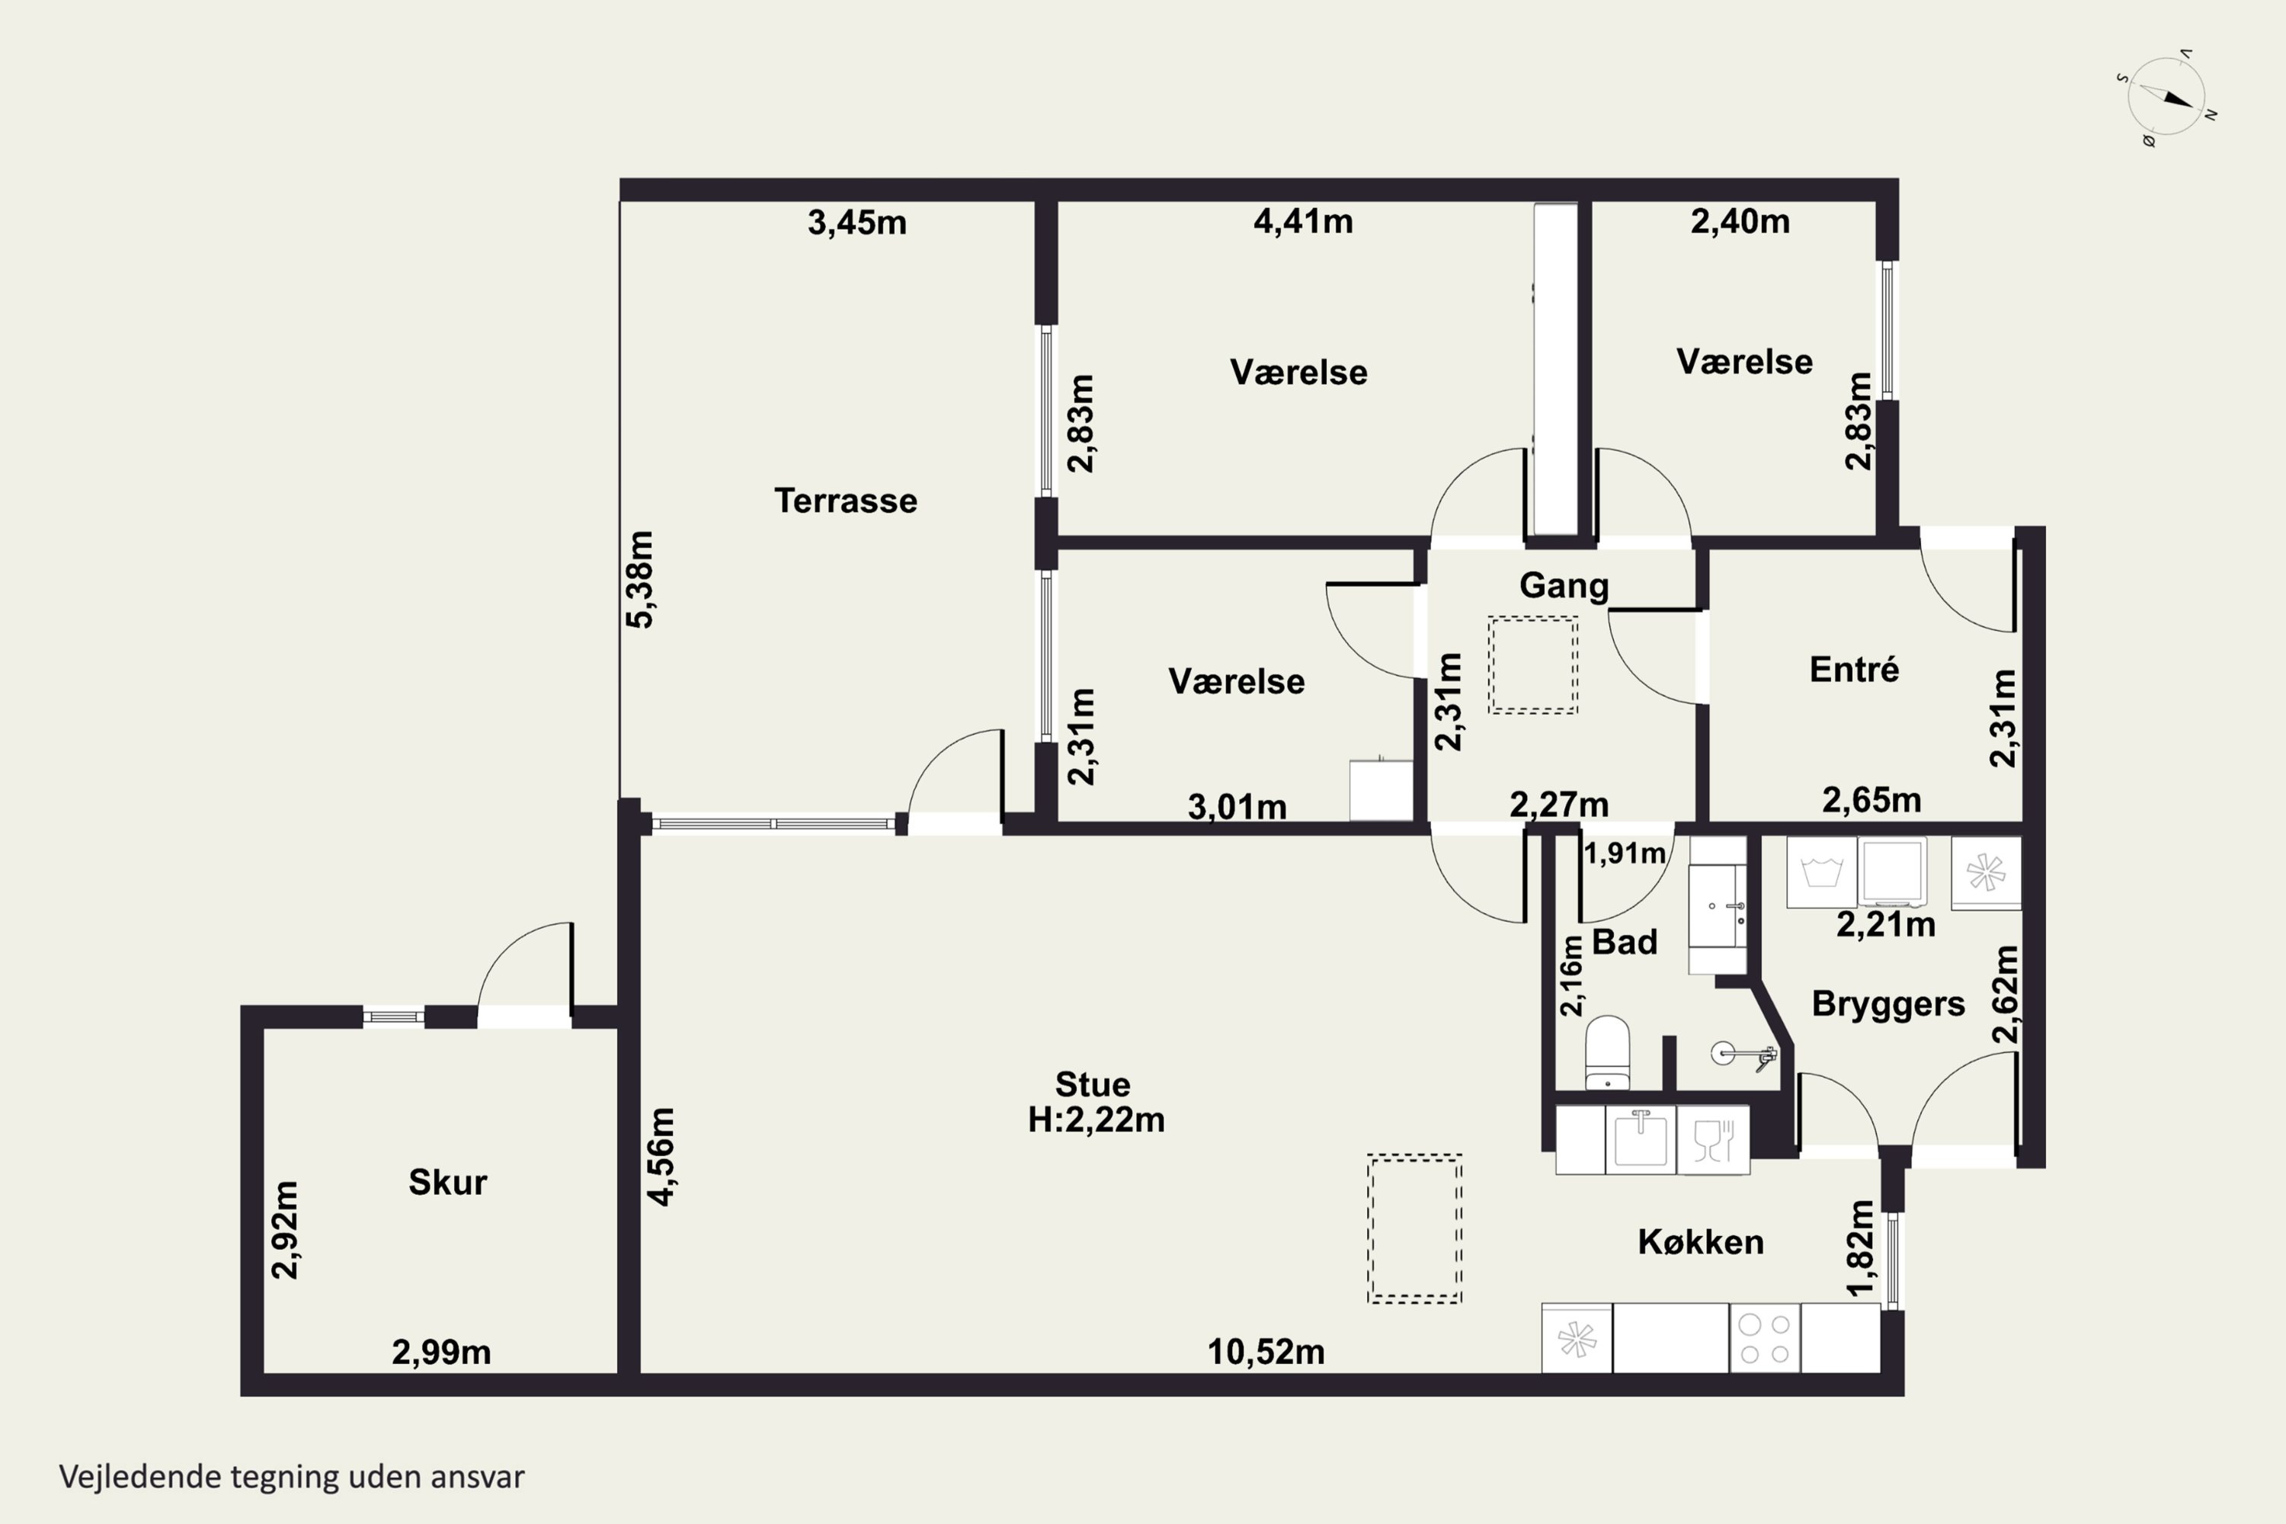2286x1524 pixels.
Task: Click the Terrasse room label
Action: pos(846,501)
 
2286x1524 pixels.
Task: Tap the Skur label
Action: pos(447,1182)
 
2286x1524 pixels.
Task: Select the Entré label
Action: pos(1853,669)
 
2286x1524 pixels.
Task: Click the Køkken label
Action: pos(1700,1241)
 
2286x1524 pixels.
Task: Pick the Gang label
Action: pos(1564,586)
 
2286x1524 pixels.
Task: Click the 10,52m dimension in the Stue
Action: pos(1266,1352)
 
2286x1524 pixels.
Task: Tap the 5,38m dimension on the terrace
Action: pos(639,579)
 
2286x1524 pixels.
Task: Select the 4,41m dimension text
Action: pos(1302,222)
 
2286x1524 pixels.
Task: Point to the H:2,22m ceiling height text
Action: pos(1096,1119)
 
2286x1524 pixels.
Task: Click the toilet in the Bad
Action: pos(1608,1052)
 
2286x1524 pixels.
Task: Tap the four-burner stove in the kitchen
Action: pos(1765,1338)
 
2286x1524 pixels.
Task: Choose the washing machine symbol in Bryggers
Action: pos(1821,872)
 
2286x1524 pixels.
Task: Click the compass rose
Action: pos(2166,98)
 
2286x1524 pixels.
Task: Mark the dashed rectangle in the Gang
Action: pos(1532,666)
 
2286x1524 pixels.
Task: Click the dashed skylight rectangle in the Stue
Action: pos(1414,1228)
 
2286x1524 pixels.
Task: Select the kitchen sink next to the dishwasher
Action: pos(1641,1139)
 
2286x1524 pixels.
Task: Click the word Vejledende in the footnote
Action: pos(140,1477)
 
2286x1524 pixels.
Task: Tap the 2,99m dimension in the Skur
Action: pos(440,1352)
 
